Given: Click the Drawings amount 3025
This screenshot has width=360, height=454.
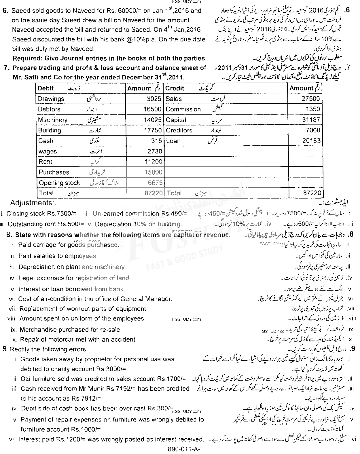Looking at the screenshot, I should tap(154, 99).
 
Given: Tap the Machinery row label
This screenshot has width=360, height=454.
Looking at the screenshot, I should tap(53, 120).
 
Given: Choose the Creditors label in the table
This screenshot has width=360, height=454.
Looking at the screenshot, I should tap(179, 130).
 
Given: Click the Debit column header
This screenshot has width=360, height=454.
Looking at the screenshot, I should tap(46, 88).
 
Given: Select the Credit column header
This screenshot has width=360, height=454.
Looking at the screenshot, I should tap(175, 88).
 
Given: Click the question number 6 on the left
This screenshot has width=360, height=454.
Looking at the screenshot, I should tap(5, 11).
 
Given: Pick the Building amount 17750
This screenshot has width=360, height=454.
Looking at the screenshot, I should tap(153, 130).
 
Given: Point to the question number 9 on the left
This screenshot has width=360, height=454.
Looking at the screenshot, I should tap(5, 349).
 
